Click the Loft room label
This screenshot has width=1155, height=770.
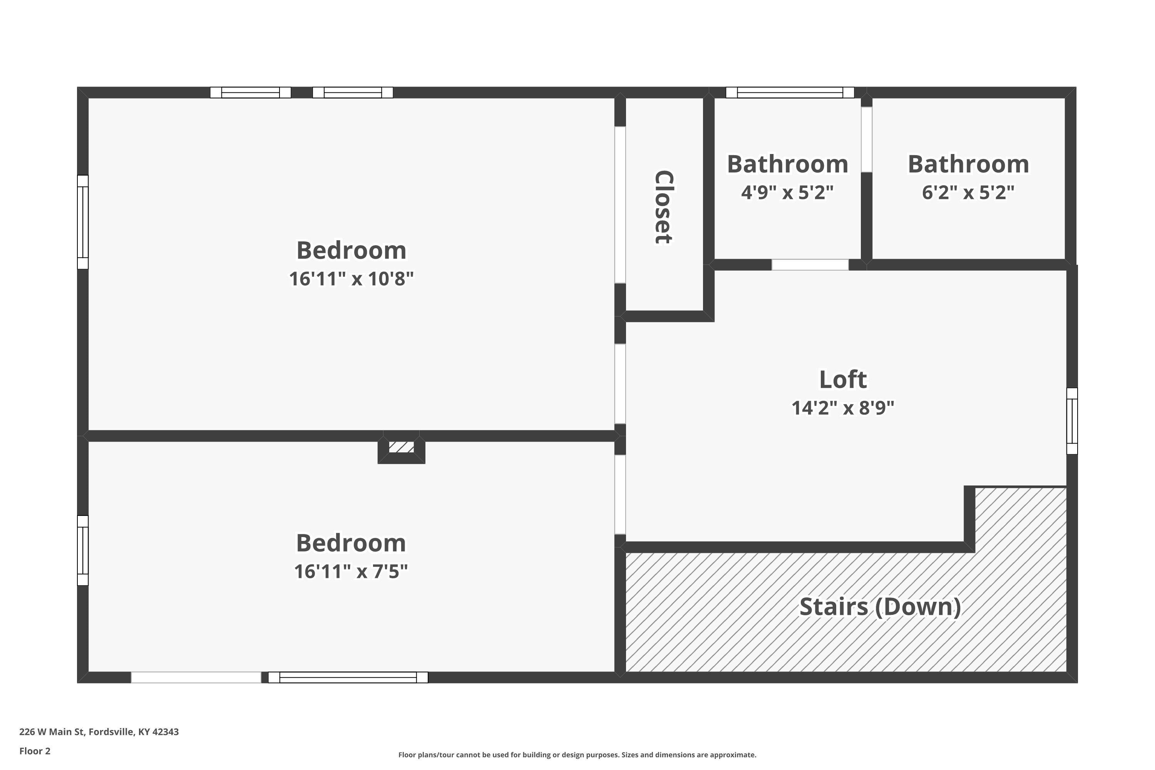pyautogui.click(x=843, y=380)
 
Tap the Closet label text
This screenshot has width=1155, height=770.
pyautogui.click(x=663, y=207)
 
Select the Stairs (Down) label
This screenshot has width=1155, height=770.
pyautogui.click(x=880, y=607)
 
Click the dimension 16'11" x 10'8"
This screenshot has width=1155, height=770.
pyautogui.click(x=351, y=279)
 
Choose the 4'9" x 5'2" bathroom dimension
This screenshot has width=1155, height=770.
pyautogui.click(x=787, y=192)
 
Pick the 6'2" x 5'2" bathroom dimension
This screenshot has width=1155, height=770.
pyautogui.click(x=968, y=192)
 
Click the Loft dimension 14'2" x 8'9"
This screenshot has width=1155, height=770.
pyautogui.click(x=843, y=408)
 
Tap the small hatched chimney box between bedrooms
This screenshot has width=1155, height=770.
pyautogui.click(x=401, y=447)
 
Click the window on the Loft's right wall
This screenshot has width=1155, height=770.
pyautogui.click(x=1071, y=421)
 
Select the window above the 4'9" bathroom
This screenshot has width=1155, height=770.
pyautogui.click(x=790, y=92)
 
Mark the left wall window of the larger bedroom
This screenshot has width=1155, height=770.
pyautogui.click(x=82, y=222)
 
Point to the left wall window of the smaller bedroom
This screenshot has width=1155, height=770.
pyautogui.click(x=82, y=550)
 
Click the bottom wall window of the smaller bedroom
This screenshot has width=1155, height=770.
pyautogui.click(x=348, y=677)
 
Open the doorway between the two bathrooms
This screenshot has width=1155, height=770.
pyautogui.click(x=866, y=139)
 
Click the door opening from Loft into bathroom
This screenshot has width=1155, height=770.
pyautogui.click(x=810, y=265)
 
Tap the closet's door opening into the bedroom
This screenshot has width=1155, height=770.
pyautogui.click(x=620, y=205)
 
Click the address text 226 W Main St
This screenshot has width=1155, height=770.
pyautogui.click(x=99, y=732)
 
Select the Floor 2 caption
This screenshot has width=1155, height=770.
pyautogui.click(x=35, y=751)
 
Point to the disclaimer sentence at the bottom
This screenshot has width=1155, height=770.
pyautogui.click(x=577, y=755)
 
